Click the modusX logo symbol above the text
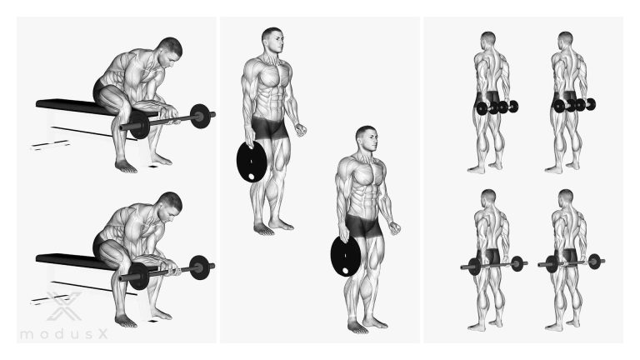tap(64, 306)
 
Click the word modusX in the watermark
tap(64, 334)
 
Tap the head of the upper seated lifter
tap(170, 51)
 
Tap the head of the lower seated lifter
tap(170, 205)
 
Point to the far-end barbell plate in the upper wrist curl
tap(200, 116)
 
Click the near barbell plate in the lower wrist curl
tap(139, 276)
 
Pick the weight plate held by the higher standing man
tap(252, 162)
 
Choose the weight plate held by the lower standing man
tap(345, 256)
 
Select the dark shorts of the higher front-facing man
tap(269, 127)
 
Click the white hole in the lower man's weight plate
tap(346, 271)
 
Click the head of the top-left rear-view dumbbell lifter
tap(487, 39)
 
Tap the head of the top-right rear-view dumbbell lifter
tap(565, 39)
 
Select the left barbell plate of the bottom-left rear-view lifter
tap(474, 267)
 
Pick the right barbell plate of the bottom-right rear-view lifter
tap(595, 261)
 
